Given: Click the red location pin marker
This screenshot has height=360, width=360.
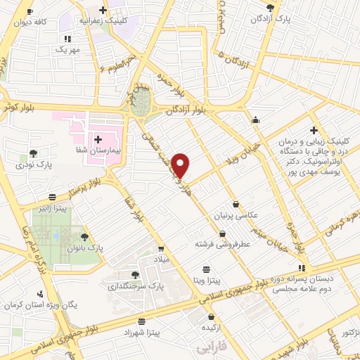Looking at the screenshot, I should click(x=181, y=165).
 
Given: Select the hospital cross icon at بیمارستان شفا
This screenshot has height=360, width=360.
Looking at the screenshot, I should click(x=98, y=139).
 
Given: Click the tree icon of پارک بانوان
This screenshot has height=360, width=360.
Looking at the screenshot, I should click(x=84, y=238).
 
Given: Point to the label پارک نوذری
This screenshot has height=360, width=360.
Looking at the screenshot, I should click(x=36, y=166).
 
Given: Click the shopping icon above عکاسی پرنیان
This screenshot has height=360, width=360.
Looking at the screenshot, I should click(x=245, y=203).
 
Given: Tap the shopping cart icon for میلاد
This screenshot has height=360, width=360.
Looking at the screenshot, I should click(x=162, y=248).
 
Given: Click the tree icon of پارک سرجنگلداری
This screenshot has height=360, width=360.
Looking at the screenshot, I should click(x=135, y=275).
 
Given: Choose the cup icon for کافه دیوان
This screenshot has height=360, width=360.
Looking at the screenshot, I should click(x=29, y=12).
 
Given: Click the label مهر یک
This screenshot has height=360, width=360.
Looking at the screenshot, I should click(x=67, y=51).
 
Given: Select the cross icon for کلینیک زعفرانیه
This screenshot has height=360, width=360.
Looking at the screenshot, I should click(x=103, y=11).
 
